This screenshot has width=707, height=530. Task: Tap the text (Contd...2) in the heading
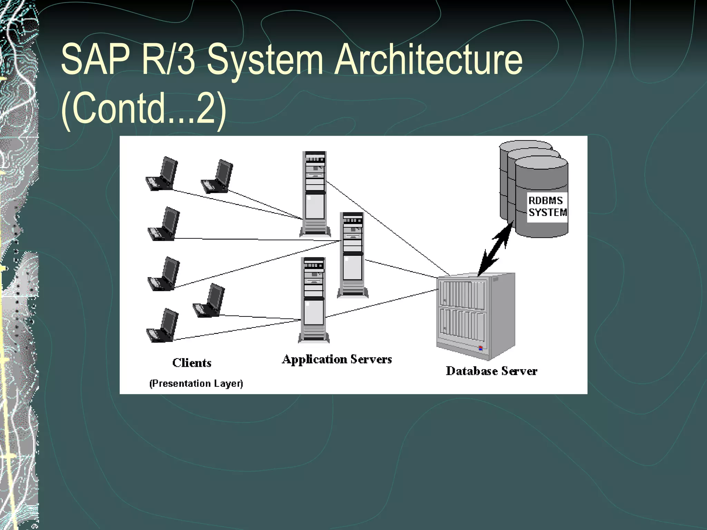click(144, 110)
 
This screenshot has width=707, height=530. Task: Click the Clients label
click(192, 363)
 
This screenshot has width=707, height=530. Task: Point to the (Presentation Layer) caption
click(196, 383)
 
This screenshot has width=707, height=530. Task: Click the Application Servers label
click(337, 359)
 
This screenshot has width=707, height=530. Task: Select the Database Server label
click(491, 371)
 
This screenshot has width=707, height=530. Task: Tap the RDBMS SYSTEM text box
click(547, 207)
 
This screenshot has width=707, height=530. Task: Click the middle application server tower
click(352, 255)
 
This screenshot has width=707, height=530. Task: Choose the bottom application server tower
click(314, 300)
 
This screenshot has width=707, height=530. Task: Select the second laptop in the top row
click(217, 176)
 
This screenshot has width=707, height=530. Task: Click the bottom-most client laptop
click(162, 325)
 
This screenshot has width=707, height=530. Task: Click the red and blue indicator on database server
click(480, 348)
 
